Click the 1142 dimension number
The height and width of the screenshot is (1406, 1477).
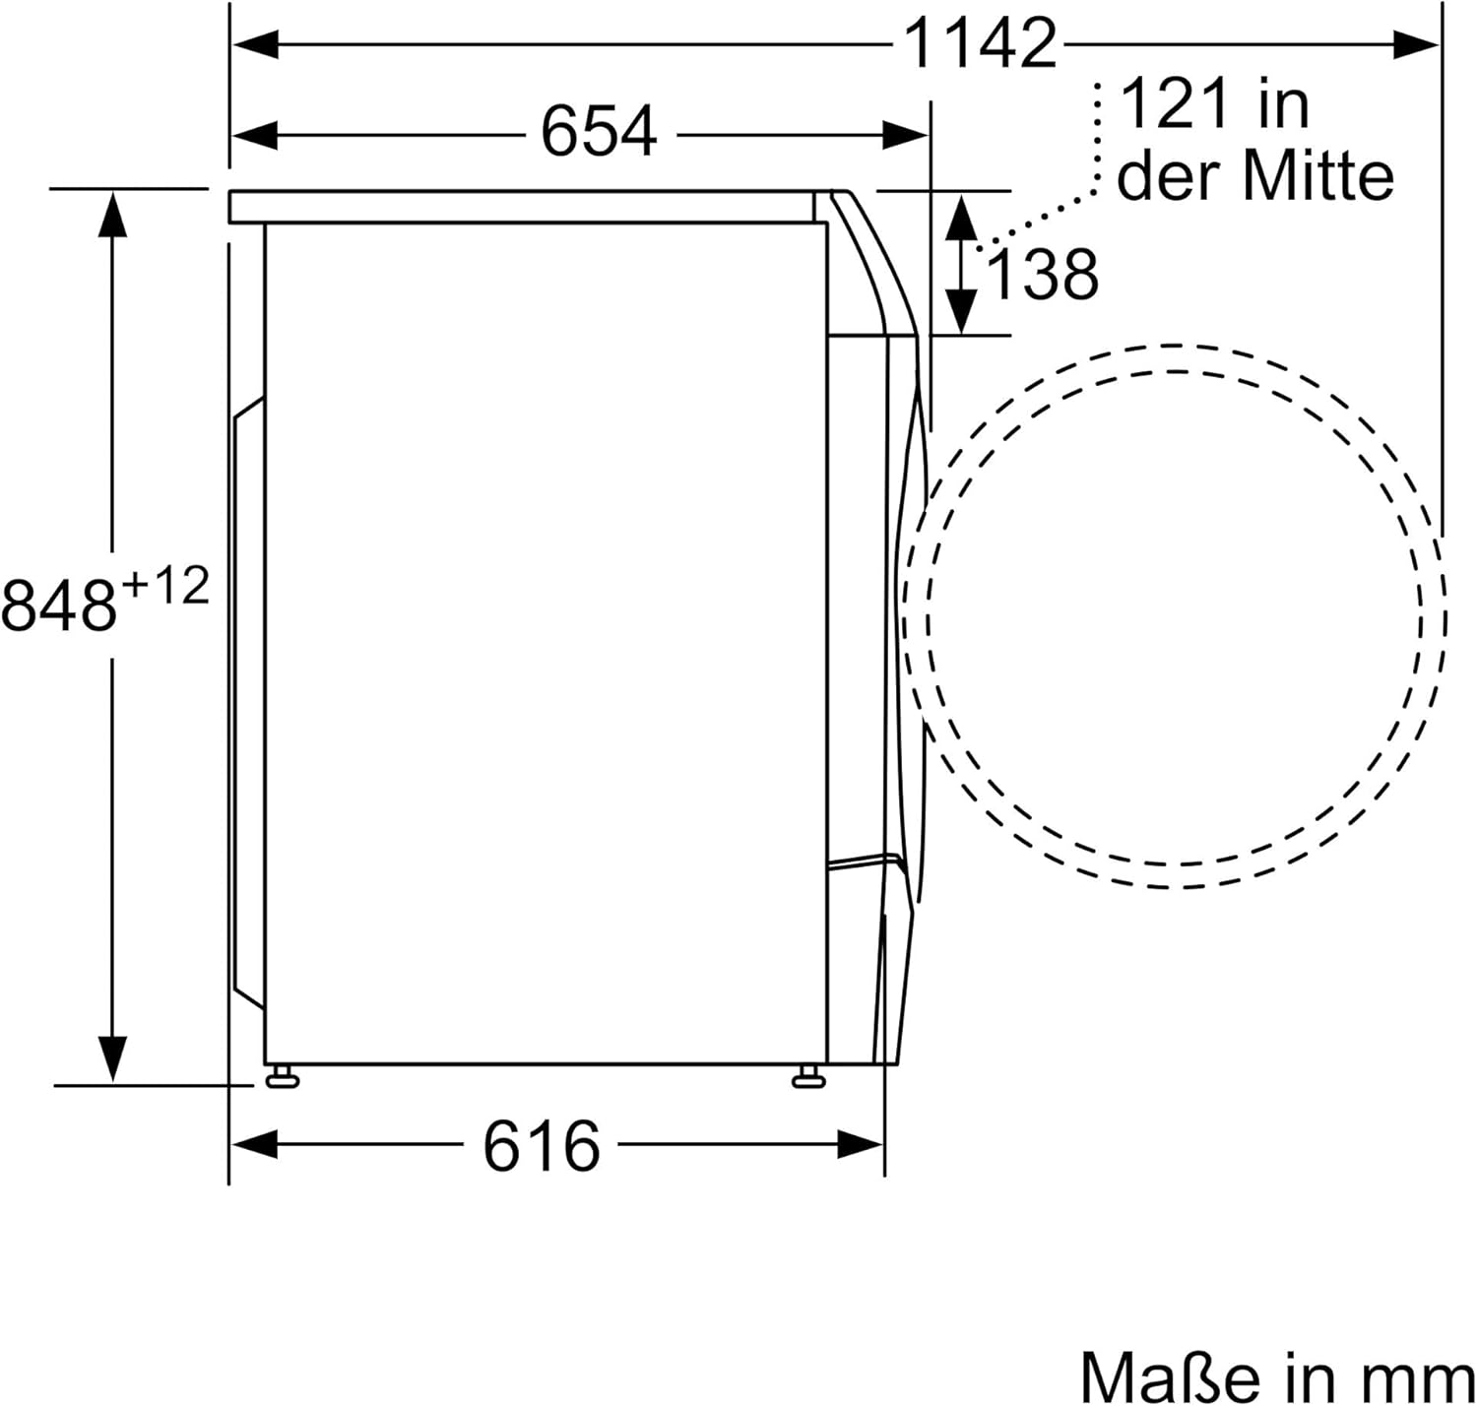point(981,44)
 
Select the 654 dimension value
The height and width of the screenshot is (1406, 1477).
point(599,133)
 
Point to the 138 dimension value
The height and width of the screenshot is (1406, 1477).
point(1043,275)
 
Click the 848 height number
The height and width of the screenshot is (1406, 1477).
point(59,605)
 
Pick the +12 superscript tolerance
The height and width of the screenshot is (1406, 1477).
point(165,587)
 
